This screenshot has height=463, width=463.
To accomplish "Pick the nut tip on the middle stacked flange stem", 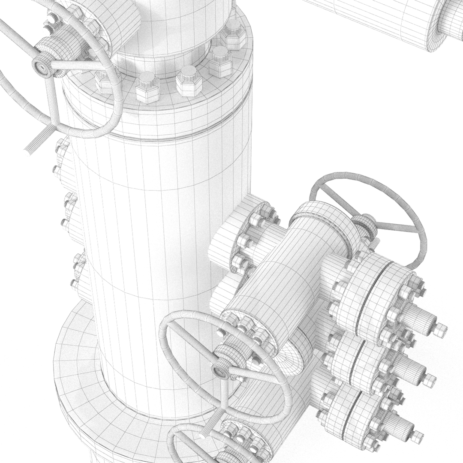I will pyautogui.click(x=430, y=380).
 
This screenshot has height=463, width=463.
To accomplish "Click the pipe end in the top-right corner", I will pyautogui.click(x=446, y=24).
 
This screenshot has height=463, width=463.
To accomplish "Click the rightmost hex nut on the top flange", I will pyautogui.click(x=234, y=34).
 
